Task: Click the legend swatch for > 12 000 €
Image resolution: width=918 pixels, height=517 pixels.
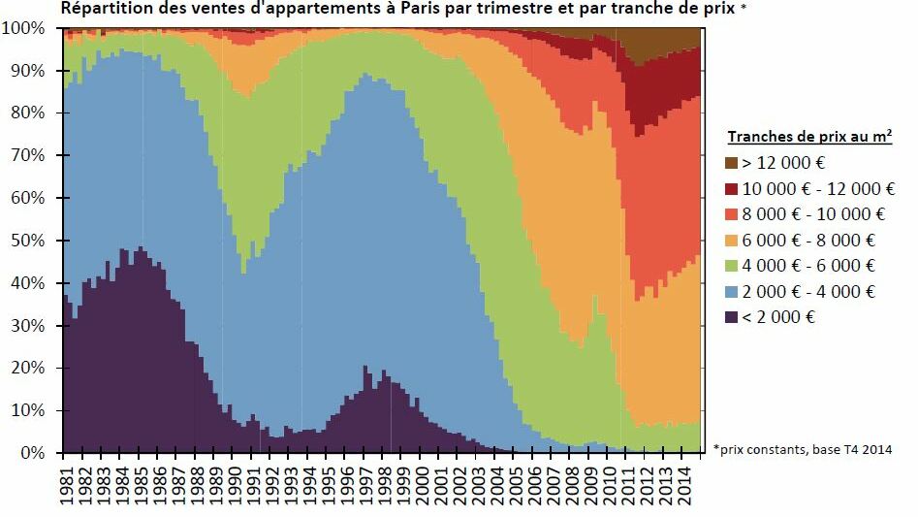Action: [x=734, y=163]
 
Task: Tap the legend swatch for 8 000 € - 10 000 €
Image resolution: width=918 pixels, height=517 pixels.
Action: [x=734, y=214]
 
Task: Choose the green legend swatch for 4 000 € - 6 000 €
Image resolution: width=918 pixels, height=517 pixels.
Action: [x=734, y=266]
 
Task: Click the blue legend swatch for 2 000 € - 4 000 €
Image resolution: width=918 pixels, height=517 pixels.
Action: [x=734, y=292]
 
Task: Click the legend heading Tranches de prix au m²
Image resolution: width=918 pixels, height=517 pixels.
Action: [x=809, y=137]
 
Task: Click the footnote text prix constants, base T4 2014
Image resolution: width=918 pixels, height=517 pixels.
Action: [x=813, y=449]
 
